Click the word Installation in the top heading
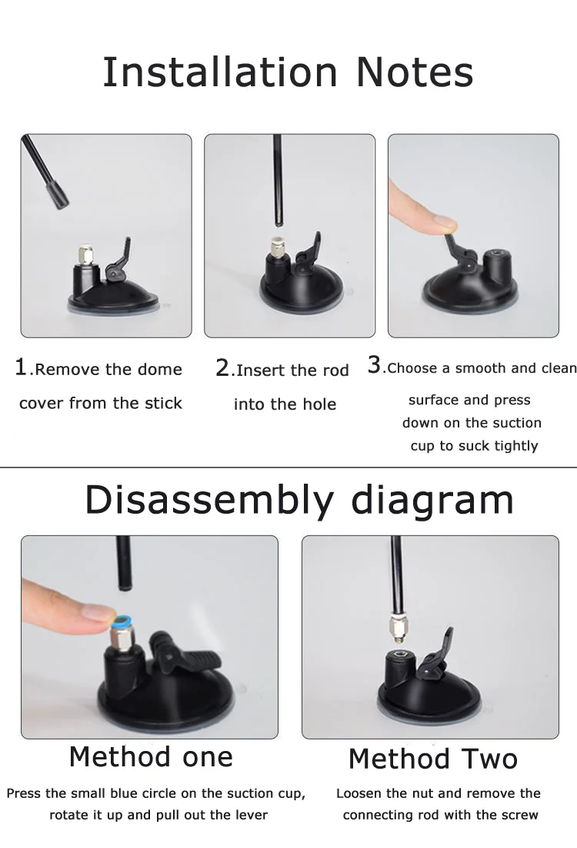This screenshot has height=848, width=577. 220,72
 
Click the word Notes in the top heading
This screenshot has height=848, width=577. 415,72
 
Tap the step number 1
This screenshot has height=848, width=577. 21,367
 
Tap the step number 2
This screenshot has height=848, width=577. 222,368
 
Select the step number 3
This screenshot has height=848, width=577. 374,365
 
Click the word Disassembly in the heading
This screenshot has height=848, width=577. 209,501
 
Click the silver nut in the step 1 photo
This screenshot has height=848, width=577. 86,254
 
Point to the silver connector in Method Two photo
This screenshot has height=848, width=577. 398,627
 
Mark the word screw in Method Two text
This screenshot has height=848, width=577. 520,815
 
